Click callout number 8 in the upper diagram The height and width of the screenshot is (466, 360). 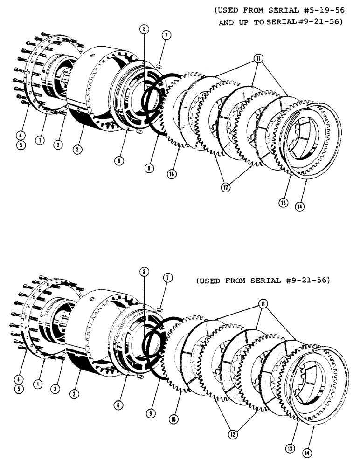click(x=145, y=29)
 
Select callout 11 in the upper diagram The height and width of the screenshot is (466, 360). click(x=259, y=59)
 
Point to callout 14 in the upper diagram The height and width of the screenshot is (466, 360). click(x=300, y=206)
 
